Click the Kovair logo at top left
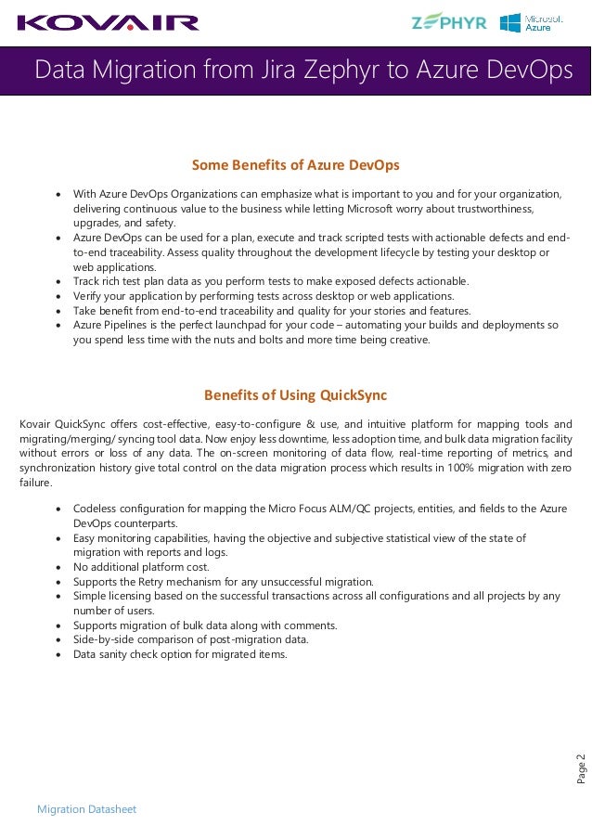pos(109,22)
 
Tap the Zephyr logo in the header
pos(449,22)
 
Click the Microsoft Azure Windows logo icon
pos(509,23)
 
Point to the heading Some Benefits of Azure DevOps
pos(295,165)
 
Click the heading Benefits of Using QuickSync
pos(295,394)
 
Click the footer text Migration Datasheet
pos(86,809)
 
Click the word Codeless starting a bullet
pos(96,509)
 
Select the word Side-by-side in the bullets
pos(102,639)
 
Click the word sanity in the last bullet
pos(114,654)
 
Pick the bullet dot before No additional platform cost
pos(60,567)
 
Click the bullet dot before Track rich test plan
pos(60,281)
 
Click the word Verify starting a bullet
pos(88,296)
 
